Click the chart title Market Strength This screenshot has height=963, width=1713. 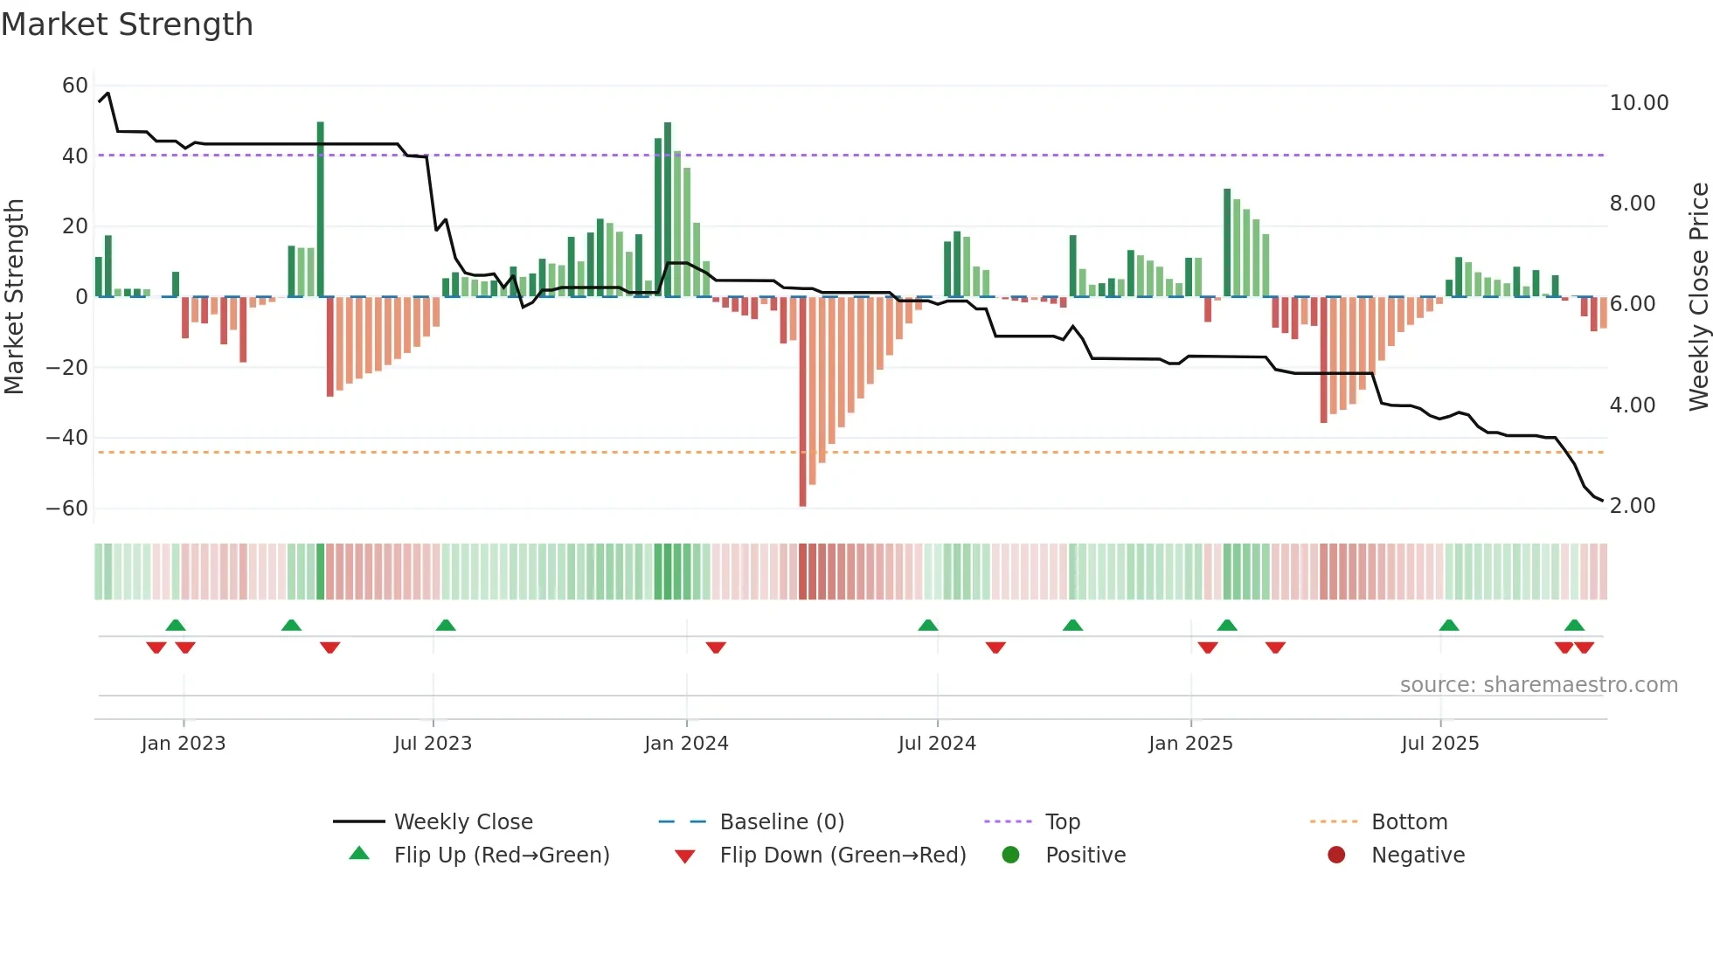point(127,24)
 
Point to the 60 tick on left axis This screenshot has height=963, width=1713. point(75,86)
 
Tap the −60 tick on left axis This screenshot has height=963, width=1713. point(67,509)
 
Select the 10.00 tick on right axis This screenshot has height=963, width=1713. point(1639,103)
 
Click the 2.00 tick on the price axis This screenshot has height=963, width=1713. point(1632,506)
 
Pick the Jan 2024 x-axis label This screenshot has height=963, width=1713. point(686,744)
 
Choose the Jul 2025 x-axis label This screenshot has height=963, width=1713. point(1439,744)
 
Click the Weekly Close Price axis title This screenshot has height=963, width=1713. point(1698,296)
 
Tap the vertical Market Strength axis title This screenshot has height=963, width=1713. point(14,296)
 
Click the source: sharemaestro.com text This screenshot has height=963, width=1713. point(1538,685)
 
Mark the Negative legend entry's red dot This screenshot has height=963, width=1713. point(1336,856)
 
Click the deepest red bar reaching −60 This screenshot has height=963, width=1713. point(802,402)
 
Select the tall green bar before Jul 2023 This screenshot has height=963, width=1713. point(321,210)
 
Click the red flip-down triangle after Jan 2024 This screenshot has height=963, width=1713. point(716,648)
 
